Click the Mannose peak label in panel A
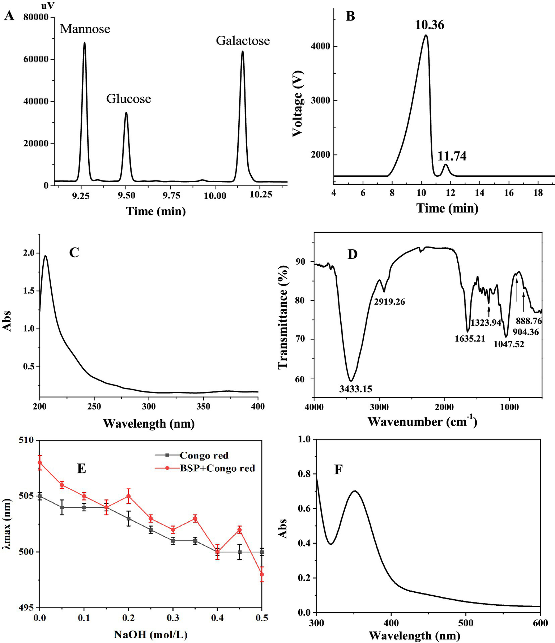click(x=85, y=29)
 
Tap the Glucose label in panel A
click(x=128, y=99)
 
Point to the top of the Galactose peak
click(x=243, y=52)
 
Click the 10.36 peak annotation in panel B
click(x=429, y=25)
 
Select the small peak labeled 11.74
click(x=446, y=165)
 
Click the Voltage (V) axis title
click(x=297, y=104)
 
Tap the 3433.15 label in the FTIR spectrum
click(x=355, y=389)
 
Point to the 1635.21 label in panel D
click(x=470, y=339)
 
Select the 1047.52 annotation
click(x=509, y=344)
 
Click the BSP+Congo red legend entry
click(x=217, y=468)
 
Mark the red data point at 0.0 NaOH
click(x=40, y=463)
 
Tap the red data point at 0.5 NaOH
click(x=262, y=574)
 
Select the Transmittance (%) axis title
click(x=283, y=317)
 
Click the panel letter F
click(x=338, y=470)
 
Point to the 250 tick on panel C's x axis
click(x=94, y=406)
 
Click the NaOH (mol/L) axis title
click(x=150, y=634)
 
